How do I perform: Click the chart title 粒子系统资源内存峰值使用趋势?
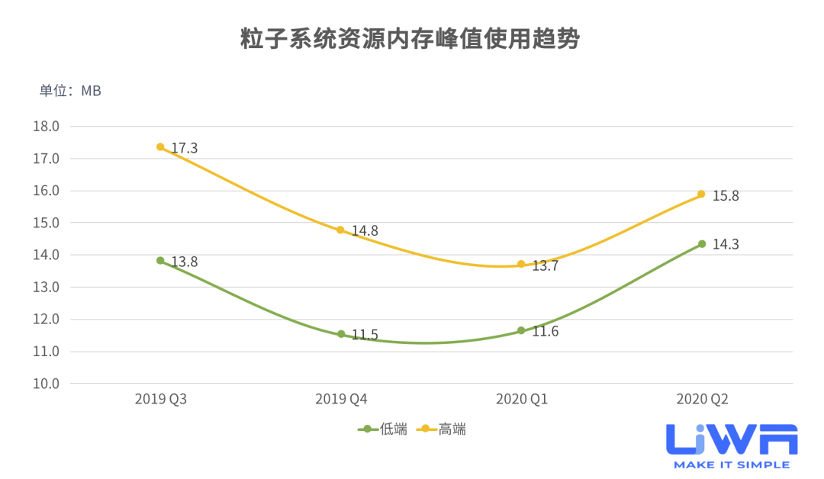click(x=411, y=39)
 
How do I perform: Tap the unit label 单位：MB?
click(x=70, y=91)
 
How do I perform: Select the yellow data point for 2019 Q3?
click(x=160, y=146)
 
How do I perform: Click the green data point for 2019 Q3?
click(x=160, y=260)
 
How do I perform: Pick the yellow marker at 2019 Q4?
click(x=341, y=230)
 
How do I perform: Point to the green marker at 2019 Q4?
click(x=341, y=334)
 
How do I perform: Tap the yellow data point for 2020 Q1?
click(x=521, y=264)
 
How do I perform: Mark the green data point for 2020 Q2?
click(x=702, y=244)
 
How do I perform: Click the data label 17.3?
click(x=184, y=148)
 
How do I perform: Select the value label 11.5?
click(x=364, y=336)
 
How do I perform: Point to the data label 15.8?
click(x=725, y=196)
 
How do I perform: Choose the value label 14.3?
click(x=725, y=245)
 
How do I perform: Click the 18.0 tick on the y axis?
click(x=46, y=127)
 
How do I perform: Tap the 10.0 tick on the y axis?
click(x=46, y=384)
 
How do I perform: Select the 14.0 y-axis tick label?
click(x=46, y=255)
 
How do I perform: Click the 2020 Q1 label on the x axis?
click(x=521, y=399)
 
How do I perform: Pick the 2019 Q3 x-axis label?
click(x=160, y=399)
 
